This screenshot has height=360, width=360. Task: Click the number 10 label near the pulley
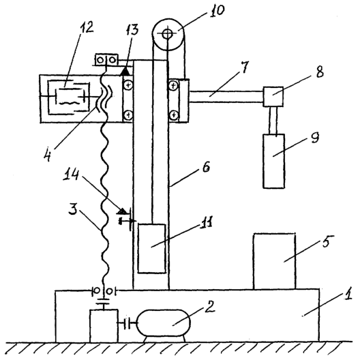coord(217,11)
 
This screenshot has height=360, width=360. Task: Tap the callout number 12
coord(87,28)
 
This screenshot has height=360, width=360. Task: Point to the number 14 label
coord(72,175)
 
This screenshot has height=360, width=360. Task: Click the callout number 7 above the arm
coord(244,67)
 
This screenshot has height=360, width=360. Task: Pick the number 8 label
coord(319,71)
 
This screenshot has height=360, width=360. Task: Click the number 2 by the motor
coord(209,307)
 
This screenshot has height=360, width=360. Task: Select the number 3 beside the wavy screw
coord(74,209)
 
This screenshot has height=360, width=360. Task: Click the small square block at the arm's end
coord(273,97)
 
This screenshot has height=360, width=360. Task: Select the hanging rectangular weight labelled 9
coord(274,161)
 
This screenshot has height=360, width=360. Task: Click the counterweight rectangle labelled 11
coord(152,249)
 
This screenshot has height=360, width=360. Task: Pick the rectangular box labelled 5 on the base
coord(274,261)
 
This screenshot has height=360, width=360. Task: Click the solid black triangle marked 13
coord(125,71)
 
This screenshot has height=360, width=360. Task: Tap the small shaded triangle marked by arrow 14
coord(122,211)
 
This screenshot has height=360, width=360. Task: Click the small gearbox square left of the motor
coord(104,325)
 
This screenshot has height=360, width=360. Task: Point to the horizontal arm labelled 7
coord(226,97)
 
